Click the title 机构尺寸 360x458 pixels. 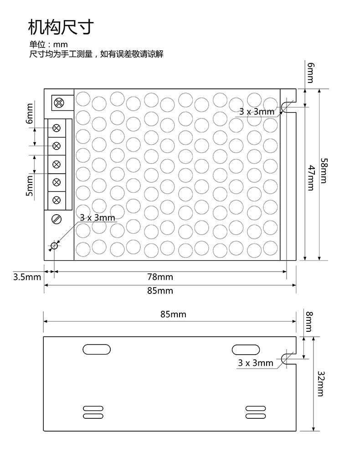(x=61, y=27)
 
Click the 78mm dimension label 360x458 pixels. (x=160, y=277)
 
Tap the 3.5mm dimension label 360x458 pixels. (x=27, y=277)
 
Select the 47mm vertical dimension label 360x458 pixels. (x=312, y=178)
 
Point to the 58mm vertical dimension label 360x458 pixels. (x=324, y=170)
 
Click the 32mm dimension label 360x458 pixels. (x=321, y=384)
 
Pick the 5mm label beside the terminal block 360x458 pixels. (x=30, y=186)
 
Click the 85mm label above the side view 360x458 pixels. (x=173, y=314)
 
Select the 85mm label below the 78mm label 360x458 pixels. (x=160, y=291)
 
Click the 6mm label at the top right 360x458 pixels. (x=311, y=73)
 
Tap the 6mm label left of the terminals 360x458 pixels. (x=30, y=113)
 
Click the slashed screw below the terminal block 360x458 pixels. (x=57, y=219)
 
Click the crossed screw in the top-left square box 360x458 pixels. (x=59, y=103)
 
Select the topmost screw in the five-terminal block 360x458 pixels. (x=57, y=128)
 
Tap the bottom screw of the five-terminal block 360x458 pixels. (x=57, y=200)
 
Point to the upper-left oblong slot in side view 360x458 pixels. (x=97, y=350)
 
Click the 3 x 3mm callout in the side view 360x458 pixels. (x=256, y=363)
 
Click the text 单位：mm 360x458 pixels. (x=48, y=44)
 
